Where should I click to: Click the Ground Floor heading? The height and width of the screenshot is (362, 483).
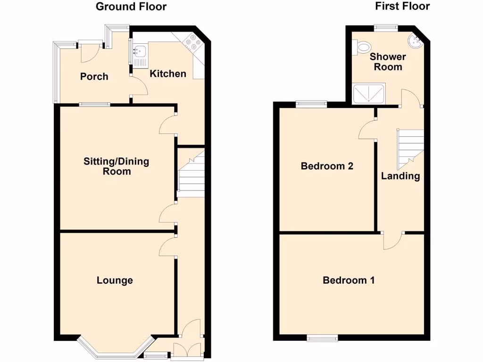coord(131,7)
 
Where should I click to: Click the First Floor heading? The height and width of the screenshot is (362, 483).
coord(402,6)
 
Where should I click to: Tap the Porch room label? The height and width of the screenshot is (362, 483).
coord(94,76)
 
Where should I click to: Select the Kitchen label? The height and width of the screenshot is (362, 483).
coord(168,74)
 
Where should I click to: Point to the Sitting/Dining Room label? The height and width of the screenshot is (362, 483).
coord(117,166)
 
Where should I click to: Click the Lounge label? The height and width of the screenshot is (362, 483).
coord(115,280)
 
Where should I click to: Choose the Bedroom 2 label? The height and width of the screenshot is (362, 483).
coord(327,166)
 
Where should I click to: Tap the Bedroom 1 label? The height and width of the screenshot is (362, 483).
coord(349,280)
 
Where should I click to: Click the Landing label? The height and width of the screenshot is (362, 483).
coord(400,176)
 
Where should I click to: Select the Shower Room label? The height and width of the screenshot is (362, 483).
coord(388,62)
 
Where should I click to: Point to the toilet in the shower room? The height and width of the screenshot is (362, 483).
coord(363,46)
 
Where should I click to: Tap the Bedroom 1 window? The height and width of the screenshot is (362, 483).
coord(322,337)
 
